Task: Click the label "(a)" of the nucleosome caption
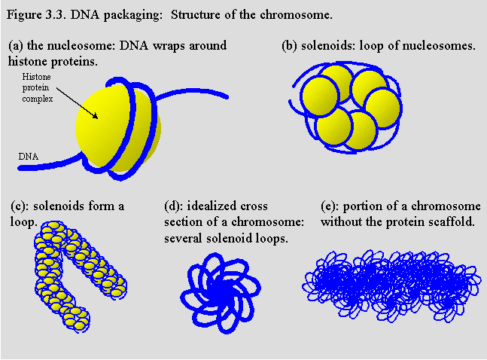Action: (16, 45)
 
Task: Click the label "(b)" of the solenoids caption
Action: (290, 45)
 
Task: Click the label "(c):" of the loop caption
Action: (20, 206)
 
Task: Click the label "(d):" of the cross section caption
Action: (175, 206)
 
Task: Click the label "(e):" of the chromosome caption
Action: (331, 206)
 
